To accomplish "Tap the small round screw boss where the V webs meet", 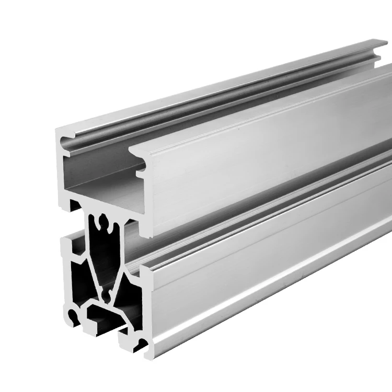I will [x=107, y=295].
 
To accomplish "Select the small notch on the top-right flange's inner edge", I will [x=142, y=168].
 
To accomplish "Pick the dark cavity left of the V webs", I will [x=76, y=277].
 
